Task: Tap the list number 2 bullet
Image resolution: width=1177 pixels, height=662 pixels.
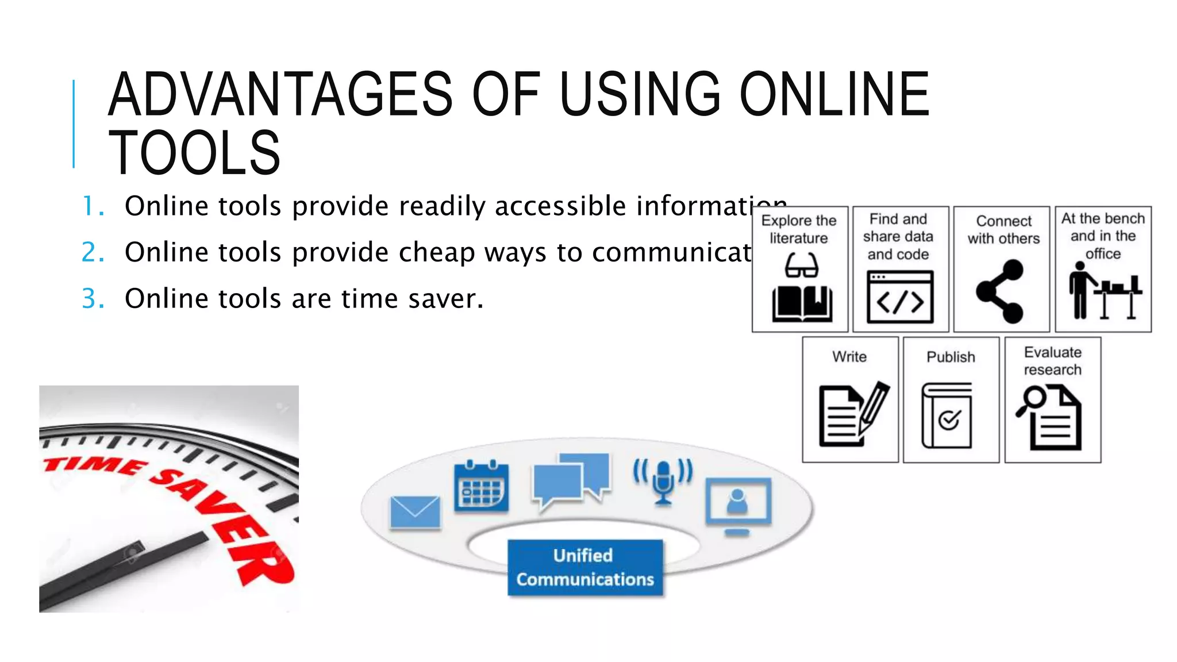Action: [x=93, y=252]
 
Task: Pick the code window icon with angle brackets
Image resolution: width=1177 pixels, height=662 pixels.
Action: [x=900, y=297]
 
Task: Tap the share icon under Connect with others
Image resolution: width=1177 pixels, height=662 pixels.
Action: [x=1000, y=291]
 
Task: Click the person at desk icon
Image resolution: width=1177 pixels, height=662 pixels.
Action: [x=1103, y=291]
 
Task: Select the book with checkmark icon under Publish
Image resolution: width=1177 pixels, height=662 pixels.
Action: [x=947, y=415]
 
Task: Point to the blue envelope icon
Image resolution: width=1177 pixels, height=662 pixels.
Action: [x=415, y=512]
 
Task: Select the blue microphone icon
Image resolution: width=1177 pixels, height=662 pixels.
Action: [x=663, y=480]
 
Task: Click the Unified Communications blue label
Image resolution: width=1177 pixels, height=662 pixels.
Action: [x=585, y=567]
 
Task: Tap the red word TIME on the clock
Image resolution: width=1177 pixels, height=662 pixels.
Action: [x=95, y=465]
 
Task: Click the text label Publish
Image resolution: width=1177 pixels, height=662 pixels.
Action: [x=951, y=357]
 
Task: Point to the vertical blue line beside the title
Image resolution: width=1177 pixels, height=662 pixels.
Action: [x=74, y=124]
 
